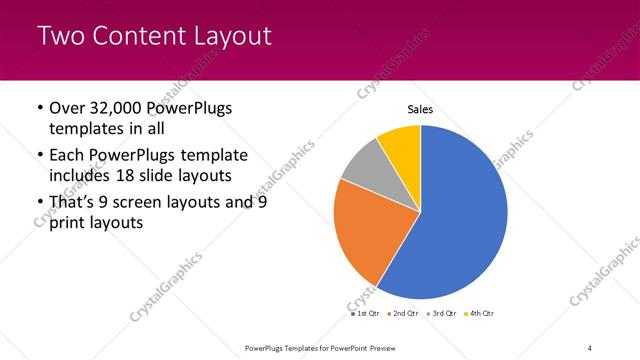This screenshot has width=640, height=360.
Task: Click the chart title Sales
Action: (420, 109)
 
